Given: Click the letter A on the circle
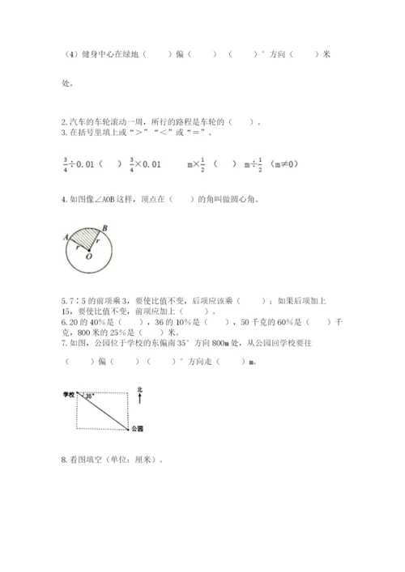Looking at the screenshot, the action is [x=65, y=237].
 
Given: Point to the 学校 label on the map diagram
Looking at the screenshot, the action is [x=69, y=394].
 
